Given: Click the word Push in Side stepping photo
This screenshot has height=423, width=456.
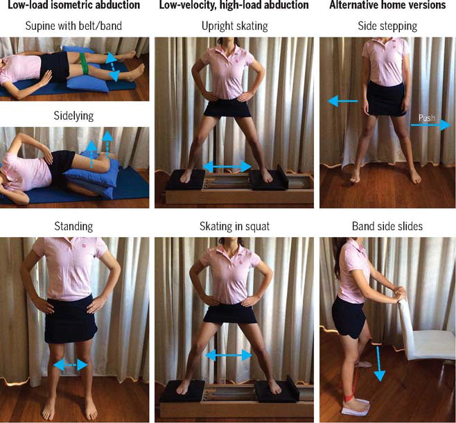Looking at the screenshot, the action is click(427, 118).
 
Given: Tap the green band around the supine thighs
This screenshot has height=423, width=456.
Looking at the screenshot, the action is click(85, 64).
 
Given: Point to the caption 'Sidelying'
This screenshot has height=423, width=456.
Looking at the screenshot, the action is click(73, 116).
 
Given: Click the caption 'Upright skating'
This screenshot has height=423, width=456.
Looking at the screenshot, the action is click(235, 26).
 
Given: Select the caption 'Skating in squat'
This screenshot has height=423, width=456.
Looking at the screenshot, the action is click(234, 226).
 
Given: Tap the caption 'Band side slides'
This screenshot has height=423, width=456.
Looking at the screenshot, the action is click(387, 226).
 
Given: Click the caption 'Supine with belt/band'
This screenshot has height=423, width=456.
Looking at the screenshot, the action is click(73, 26).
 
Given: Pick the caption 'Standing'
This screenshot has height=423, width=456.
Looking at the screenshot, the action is click(73, 226).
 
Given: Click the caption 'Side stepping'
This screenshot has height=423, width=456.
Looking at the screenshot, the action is click(387, 26).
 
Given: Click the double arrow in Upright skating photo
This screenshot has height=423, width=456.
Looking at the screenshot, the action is click(227, 166).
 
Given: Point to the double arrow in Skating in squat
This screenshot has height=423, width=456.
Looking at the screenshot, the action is click(229, 355).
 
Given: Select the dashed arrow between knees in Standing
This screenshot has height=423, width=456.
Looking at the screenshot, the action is click(71, 365).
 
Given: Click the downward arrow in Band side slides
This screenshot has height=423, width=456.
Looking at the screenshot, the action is click(378, 363).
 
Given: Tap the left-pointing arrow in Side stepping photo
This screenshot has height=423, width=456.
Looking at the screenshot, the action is click(342, 101).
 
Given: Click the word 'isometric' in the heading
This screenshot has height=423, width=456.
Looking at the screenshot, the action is click(80, 5).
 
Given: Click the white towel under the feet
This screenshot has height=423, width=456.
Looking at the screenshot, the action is click(356, 407).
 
